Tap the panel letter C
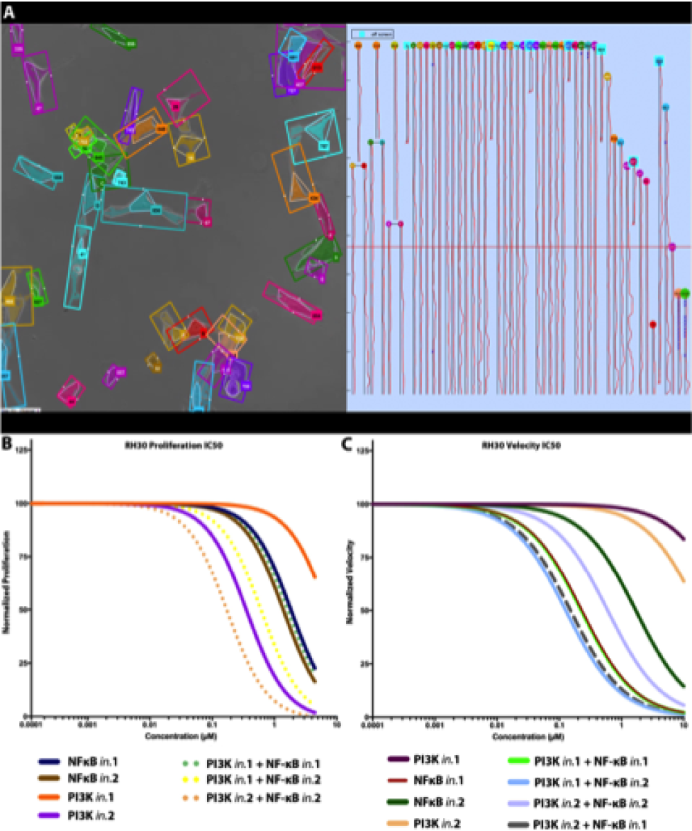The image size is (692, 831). tap(350, 444)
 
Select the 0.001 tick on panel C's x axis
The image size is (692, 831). tap(435, 726)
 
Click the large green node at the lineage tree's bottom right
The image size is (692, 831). tap(685, 293)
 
